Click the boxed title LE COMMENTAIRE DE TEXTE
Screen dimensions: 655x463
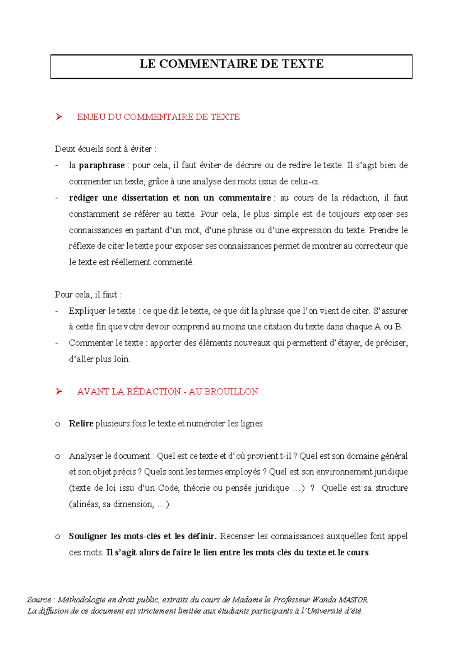(x=231, y=64)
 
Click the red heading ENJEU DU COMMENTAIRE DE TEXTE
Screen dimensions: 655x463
(x=158, y=117)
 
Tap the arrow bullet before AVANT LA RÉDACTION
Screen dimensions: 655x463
(x=59, y=392)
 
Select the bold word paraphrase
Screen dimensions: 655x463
(x=101, y=165)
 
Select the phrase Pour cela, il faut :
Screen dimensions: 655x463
(x=88, y=295)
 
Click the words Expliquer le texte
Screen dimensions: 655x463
(x=102, y=311)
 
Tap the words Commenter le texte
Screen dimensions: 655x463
(x=106, y=343)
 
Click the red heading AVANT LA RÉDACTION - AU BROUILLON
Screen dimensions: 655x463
(x=170, y=392)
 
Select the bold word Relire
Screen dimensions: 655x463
(x=81, y=424)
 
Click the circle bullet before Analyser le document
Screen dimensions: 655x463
(x=58, y=456)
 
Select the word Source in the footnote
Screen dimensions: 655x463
(x=39, y=600)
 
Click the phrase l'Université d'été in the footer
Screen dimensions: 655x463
(x=332, y=611)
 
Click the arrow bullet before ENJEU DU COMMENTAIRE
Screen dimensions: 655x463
(x=59, y=117)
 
